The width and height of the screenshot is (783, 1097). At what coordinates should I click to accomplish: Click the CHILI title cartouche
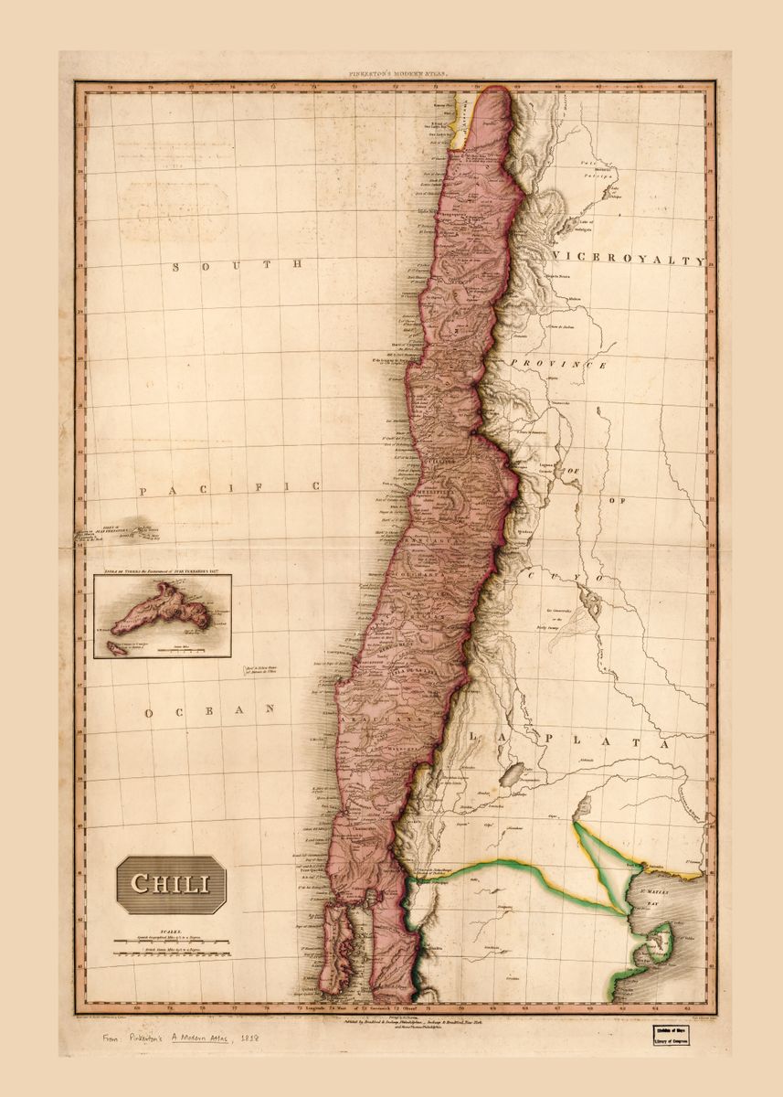[x=171, y=884]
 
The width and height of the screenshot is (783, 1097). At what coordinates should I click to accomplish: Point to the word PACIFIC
[x=230, y=489]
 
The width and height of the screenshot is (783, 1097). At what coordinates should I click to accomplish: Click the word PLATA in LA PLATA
[x=607, y=742]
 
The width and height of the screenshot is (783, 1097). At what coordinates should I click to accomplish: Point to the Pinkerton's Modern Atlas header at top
[x=394, y=71]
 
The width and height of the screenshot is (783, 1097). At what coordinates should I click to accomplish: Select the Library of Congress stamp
[x=670, y=1034]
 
